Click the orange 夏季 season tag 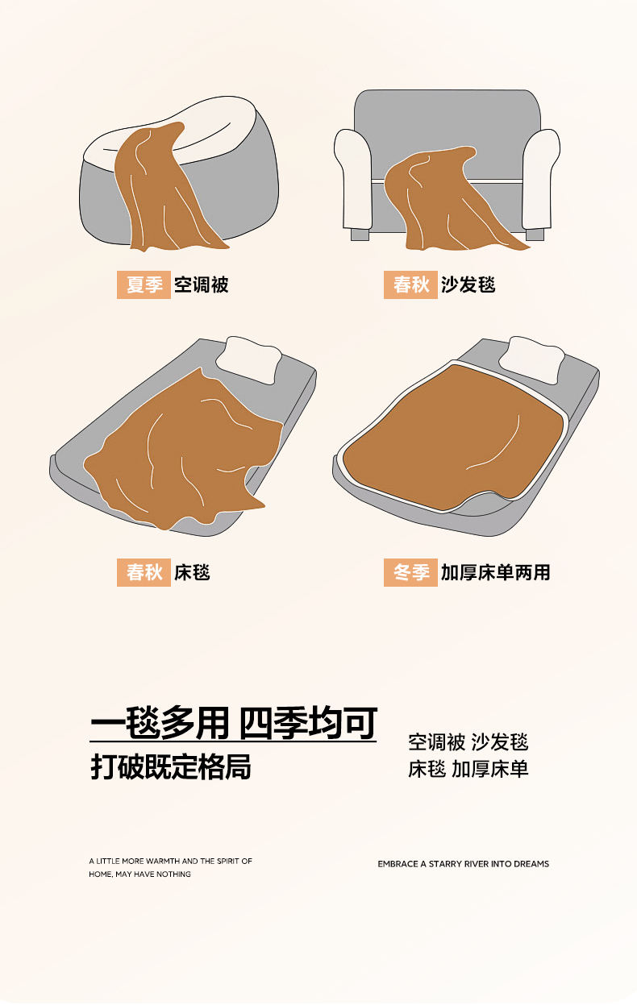(144, 284)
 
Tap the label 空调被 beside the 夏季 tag (201, 285)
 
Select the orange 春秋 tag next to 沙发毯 (410, 284)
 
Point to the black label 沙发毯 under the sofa (468, 285)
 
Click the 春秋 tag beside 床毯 (144, 572)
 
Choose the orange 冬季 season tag (410, 572)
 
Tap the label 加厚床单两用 (496, 572)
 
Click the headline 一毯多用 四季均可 (233, 723)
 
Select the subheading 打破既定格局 (171, 767)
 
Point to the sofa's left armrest (355, 180)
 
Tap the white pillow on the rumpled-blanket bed (250, 359)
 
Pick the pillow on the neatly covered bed (532, 359)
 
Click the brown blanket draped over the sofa (444, 202)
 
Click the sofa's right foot (535, 235)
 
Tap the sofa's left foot (360, 235)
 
